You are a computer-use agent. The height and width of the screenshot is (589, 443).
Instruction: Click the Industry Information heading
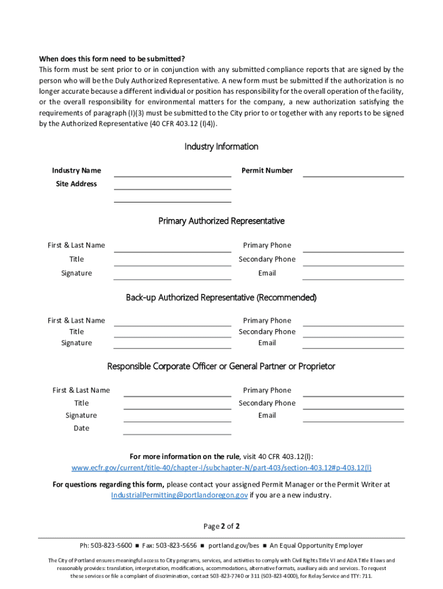[221, 147]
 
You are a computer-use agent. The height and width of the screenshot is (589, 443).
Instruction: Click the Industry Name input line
[172, 171]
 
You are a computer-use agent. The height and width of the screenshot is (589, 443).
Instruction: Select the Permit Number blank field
[353, 171]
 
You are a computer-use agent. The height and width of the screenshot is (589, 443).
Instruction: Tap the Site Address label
[76, 184]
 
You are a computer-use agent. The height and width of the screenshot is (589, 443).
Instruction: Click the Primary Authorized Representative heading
[221, 221]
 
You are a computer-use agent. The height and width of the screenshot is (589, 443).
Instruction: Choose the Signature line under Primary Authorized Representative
[172, 274]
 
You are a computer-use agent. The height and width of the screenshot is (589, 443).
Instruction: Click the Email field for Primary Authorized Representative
[353, 274]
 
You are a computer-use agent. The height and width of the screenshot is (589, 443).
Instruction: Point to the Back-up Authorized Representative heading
[221, 298]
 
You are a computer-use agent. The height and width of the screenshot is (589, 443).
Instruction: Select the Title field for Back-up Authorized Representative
[172, 333]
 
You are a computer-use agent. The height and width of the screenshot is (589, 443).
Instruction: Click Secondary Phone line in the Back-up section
[353, 333]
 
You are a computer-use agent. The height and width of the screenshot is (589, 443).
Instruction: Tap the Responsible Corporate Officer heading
[221, 367]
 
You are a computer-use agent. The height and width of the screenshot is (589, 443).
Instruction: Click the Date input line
[177, 430]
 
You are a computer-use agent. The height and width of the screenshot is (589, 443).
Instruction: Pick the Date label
[81, 429]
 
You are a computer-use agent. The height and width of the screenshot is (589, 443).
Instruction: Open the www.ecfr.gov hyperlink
[221, 468]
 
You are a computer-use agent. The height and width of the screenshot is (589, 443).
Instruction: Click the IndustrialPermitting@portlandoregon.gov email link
[179, 495]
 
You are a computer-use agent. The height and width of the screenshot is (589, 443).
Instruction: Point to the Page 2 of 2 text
[221, 526]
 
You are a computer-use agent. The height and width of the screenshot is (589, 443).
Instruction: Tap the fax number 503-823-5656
[176, 546]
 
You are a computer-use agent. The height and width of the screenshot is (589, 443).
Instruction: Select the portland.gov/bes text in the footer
[234, 546]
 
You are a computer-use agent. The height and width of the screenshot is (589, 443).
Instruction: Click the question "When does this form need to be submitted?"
[112, 59]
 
